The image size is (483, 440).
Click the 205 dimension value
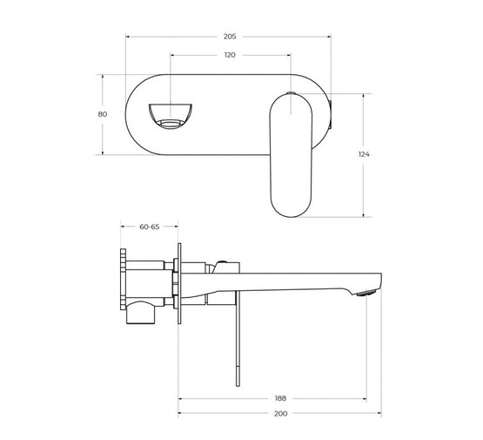click(230, 37)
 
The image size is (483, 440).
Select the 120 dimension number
click(230, 54)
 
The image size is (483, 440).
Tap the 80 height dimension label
click(103, 114)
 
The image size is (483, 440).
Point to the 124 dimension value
click(364, 153)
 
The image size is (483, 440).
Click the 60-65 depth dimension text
click(149, 227)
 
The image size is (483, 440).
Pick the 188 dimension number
click(280, 392)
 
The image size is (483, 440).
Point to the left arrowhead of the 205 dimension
click(130, 37)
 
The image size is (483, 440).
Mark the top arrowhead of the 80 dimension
click(103, 76)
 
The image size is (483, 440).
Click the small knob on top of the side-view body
click(225, 261)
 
